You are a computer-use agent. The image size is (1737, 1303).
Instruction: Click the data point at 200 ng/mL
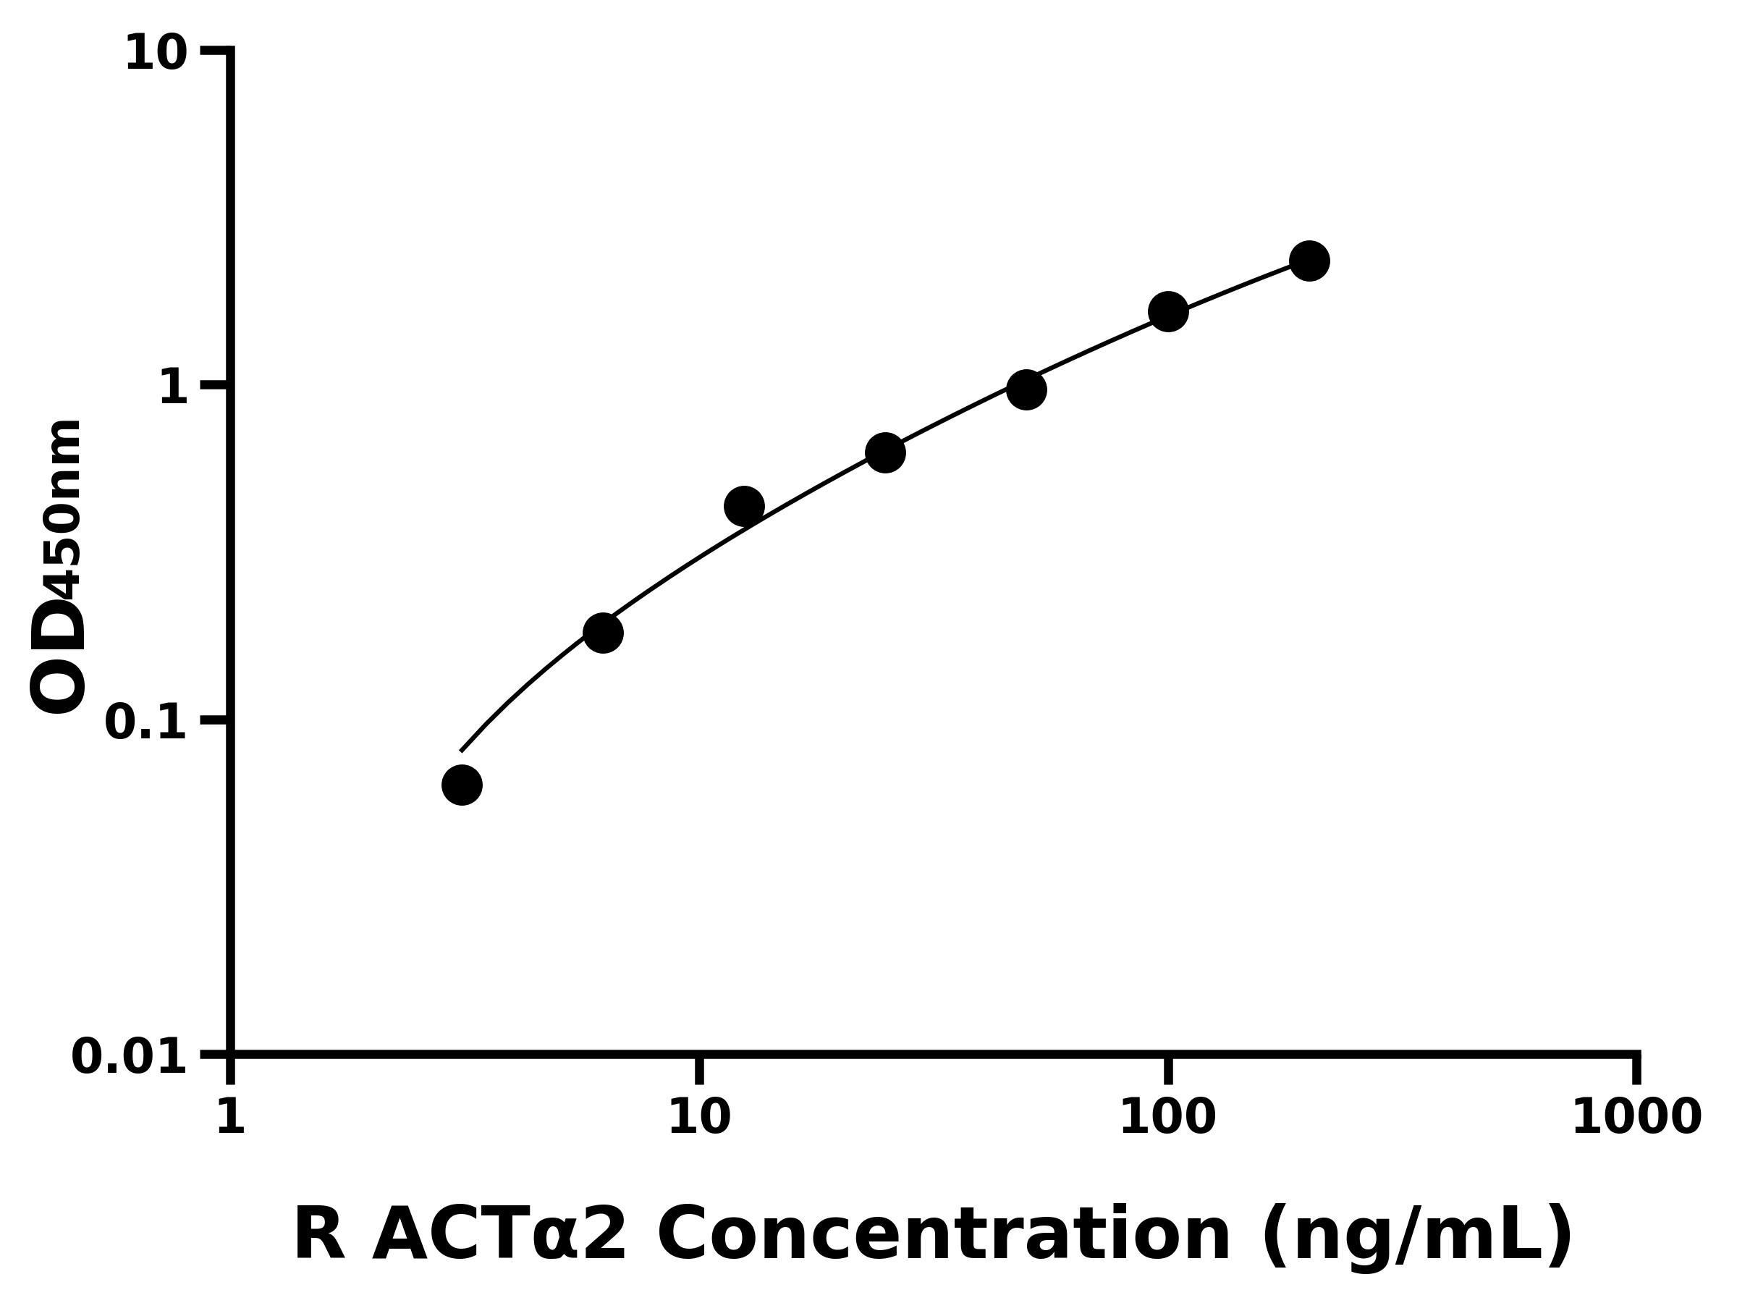coord(1309,261)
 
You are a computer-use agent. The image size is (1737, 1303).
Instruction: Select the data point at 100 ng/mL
coord(1167,312)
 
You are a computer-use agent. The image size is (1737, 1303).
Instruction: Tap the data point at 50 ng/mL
coord(1026,389)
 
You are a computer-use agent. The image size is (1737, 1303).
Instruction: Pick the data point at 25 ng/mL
coord(885,452)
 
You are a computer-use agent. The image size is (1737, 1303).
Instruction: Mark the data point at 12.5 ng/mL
coord(743,506)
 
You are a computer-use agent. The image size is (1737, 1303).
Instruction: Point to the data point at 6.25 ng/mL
coord(603,633)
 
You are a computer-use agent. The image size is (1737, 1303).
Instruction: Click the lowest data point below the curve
coord(462,785)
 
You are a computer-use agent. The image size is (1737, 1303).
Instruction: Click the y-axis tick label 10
coord(156,54)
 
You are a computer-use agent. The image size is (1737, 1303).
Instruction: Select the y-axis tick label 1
coord(174,388)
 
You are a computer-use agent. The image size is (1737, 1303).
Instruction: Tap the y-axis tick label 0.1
coord(146,722)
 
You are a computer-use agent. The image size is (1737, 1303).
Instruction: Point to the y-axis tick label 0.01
coord(130,1056)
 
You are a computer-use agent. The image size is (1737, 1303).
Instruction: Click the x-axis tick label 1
coord(231,1116)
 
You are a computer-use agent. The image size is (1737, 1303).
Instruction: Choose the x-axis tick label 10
coord(699,1116)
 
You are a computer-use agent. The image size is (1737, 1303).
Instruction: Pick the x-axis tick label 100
coord(1167,1116)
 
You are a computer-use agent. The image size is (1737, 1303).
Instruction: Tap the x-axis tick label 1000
coord(1636,1116)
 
